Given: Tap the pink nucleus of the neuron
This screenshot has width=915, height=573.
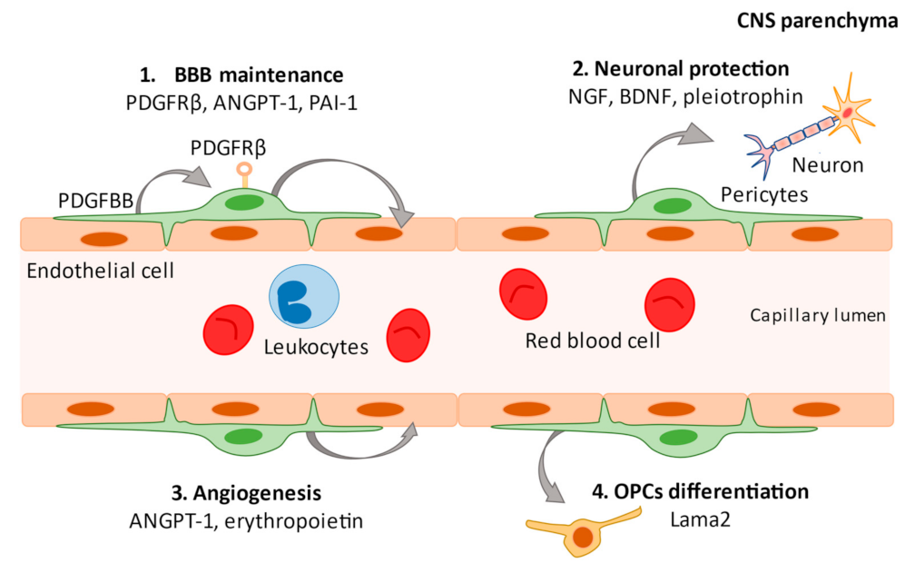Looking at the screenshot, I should tap(846, 114).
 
